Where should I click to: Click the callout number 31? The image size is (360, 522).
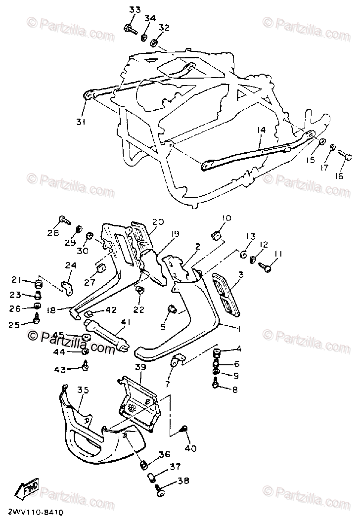point(80,122)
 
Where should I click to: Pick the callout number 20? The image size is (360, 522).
point(157,222)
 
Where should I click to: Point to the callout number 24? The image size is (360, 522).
point(70,266)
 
